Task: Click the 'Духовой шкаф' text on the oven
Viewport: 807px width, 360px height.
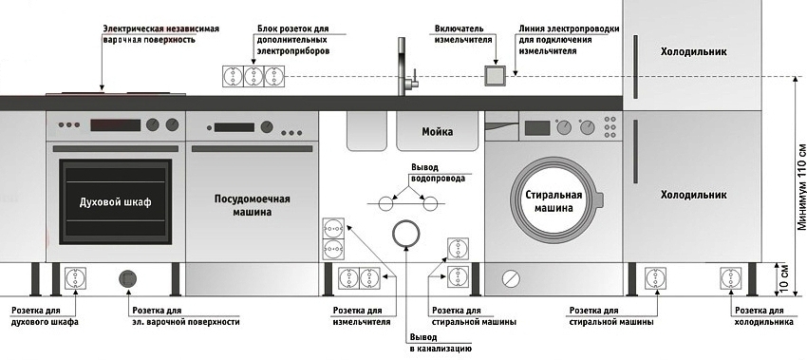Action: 116,204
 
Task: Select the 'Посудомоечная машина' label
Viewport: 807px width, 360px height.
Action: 252,205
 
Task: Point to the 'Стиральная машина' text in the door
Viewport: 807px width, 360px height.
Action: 552,201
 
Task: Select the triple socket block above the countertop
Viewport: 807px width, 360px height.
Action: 253,76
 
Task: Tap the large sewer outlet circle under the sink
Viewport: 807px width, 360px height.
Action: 405,233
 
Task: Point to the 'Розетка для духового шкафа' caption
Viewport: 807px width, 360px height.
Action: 45,316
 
